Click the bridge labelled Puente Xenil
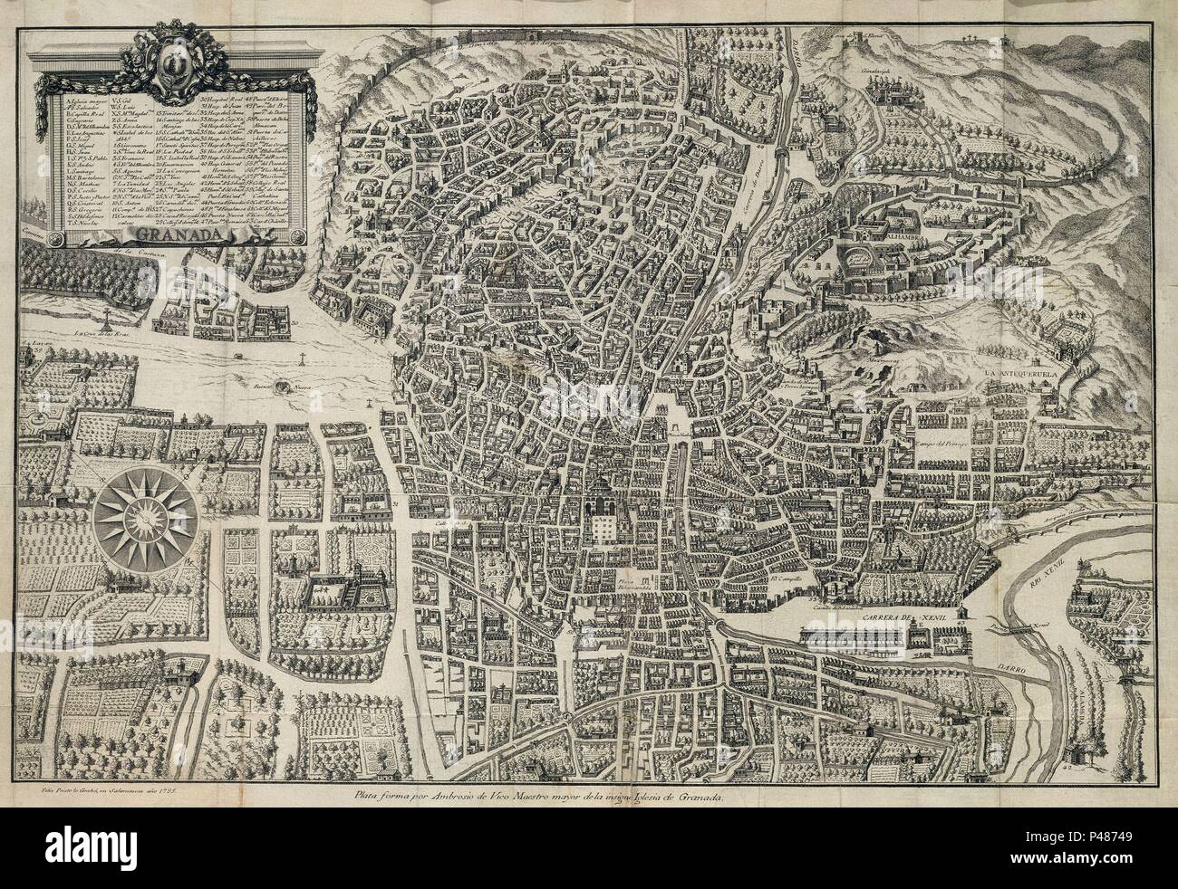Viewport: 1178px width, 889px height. point(1019,626)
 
